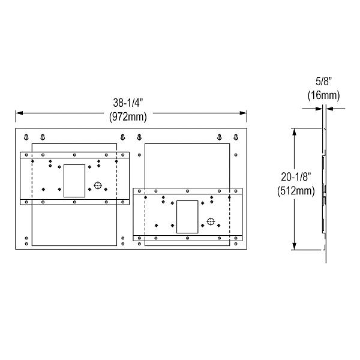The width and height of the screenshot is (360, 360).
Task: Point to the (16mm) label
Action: (x=324, y=95)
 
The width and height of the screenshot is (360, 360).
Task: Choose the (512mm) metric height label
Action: (x=296, y=191)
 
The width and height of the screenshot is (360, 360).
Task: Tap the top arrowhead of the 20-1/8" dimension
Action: (x=294, y=130)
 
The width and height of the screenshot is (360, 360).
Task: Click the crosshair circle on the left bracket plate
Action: (x=98, y=185)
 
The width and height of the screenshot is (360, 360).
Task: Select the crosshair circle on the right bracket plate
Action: (x=211, y=221)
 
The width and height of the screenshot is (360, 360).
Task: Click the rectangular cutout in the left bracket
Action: (x=74, y=180)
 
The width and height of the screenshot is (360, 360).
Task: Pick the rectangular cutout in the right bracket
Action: (x=187, y=217)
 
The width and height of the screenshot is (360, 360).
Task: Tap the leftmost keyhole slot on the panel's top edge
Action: (x=26, y=136)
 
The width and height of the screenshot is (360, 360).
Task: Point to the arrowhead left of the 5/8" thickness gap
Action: (x=319, y=108)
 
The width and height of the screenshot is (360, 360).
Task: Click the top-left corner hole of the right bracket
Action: (x=138, y=192)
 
